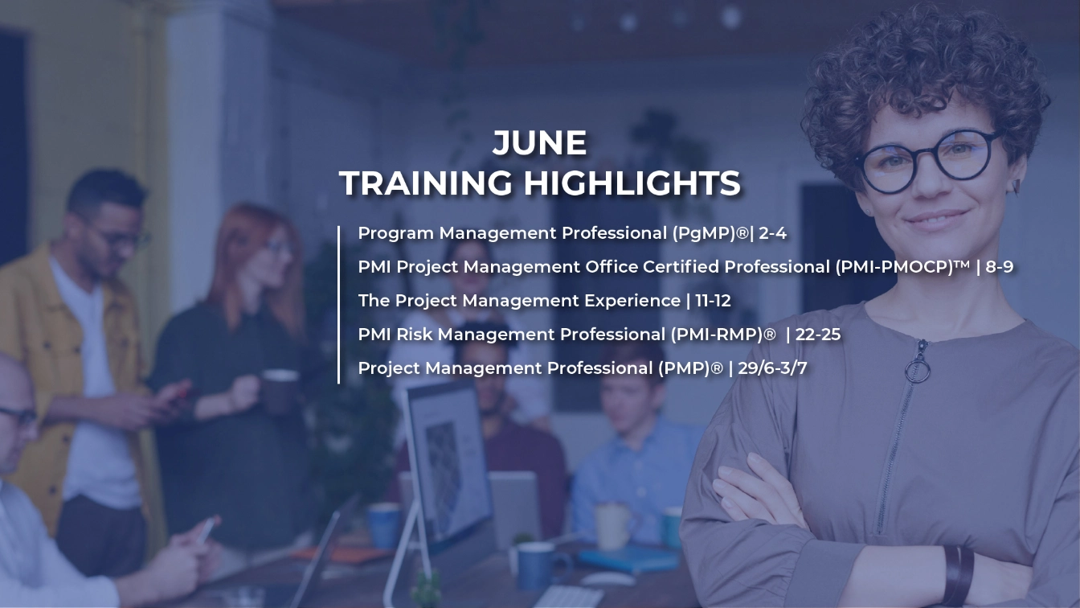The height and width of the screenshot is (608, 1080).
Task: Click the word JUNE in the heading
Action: tap(539, 144)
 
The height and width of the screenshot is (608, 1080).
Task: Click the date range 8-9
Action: tap(1000, 267)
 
